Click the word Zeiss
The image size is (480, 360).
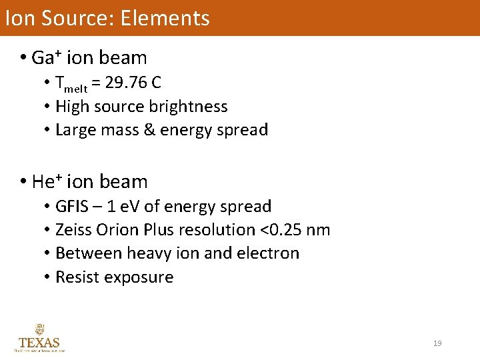point(73,230)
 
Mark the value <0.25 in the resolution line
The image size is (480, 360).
point(278,230)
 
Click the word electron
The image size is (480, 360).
point(272,253)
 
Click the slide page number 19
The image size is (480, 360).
point(437,343)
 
